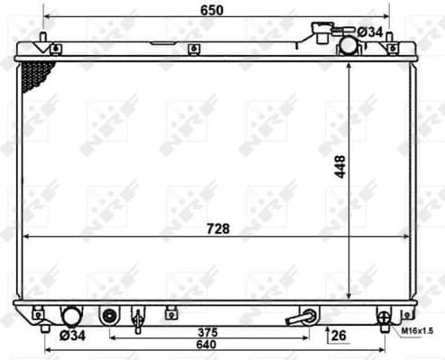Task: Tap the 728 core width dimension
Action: [217, 228]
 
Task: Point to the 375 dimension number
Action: [211, 330]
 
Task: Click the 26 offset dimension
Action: [338, 336]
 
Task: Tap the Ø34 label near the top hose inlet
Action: [370, 32]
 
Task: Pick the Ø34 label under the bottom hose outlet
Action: [72, 337]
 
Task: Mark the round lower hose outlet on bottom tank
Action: [71, 316]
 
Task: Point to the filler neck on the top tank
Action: [320, 33]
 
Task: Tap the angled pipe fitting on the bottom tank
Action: [301, 317]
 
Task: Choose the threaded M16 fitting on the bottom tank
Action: [385, 317]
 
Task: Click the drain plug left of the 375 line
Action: [110, 317]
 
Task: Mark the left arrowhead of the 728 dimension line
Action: [27, 236]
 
